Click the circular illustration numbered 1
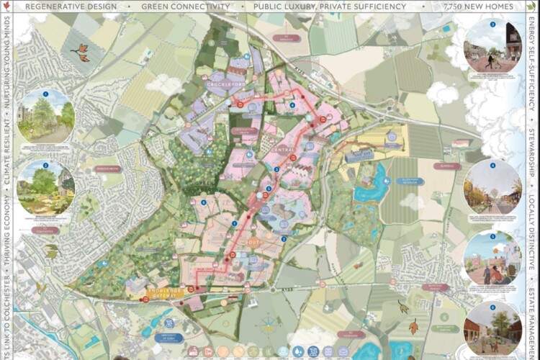[x=45, y=116]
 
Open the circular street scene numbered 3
[x=492, y=45]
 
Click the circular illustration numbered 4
[x=492, y=186]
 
